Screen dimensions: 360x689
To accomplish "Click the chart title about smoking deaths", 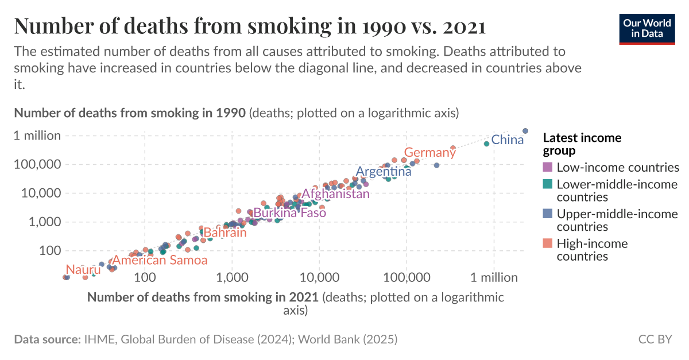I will coord(250,26).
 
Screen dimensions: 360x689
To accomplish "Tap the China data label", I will coord(508,140).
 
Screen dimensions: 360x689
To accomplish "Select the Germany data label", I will coord(430,153).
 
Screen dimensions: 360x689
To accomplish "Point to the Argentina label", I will coord(384,172).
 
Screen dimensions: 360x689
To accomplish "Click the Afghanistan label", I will coord(336,194).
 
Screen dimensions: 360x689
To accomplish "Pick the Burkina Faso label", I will coord(289,213).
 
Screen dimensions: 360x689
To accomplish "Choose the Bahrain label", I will coord(225,233).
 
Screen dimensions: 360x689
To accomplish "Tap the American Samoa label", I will coord(160,260).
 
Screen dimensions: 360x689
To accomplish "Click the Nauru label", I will coord(83,270).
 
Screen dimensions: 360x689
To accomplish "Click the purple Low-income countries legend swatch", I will coord(548,168).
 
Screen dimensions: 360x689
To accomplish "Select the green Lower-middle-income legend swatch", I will coord(548,184).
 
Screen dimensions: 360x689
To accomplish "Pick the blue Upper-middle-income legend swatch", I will coord(548,214).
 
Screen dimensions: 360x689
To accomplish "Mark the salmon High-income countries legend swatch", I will coord(548,243).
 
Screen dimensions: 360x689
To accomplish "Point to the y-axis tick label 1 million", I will coord(37,136).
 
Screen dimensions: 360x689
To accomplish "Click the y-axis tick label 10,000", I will coord(41,193).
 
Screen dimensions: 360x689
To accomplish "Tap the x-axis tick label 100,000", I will coord(407,277).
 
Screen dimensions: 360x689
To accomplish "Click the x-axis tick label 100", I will coord(145,277).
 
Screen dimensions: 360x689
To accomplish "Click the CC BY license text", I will coord(655,339).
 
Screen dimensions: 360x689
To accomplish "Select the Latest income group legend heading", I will coord(582,144).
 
